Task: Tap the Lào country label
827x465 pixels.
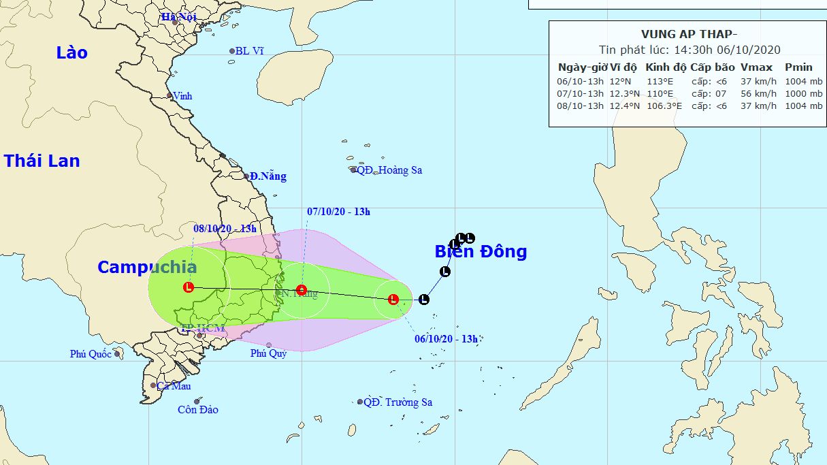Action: point(72,52)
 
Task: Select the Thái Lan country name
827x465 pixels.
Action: point(42,161)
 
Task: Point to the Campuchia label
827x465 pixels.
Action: point(147,267)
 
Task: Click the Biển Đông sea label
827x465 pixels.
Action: point(481,252)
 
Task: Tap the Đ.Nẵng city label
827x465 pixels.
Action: point(267,176)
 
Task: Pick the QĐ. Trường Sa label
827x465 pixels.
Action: point(398,402)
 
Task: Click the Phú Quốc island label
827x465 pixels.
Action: point(91,354)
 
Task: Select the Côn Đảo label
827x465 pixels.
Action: point(198,410)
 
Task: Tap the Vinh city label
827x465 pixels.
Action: point(182,96)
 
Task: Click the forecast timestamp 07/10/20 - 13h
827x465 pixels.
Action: point(338,212)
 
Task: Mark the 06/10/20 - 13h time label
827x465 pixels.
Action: point(446,339)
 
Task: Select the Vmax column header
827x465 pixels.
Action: point(756,67)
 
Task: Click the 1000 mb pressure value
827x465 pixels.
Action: point(798,93)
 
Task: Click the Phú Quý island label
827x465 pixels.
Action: point(268,353)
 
